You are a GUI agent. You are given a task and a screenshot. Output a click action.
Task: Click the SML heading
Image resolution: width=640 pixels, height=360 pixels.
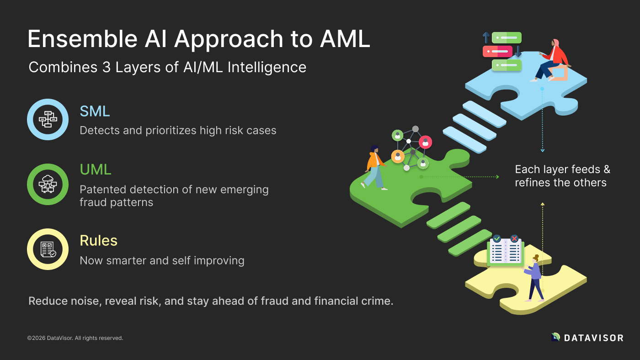pyautogui.click(x=95, y=111)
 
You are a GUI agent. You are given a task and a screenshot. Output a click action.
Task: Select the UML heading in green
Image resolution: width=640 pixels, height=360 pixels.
pyautogui.click(x=95, y=169)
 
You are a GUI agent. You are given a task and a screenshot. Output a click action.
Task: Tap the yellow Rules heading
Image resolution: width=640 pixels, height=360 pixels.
pyautogui.click(x=98, y=240)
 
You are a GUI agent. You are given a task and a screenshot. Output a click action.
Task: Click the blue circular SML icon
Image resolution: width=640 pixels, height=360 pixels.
pyautogui.click(x=48, y=119)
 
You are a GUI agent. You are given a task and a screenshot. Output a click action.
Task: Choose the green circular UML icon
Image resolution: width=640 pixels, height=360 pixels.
pyautogui.click(x=48, y=184)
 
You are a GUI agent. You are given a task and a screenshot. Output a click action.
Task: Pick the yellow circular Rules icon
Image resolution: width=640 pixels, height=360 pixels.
pyautogui.click(x=48, y=249)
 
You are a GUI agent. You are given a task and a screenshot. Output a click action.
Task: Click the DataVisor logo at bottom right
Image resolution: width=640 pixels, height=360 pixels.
pyautogui.click(x=587, y=338)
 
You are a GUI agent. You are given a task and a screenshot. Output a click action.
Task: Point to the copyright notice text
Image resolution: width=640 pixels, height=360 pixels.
pyautogui.click(x=75, y=338)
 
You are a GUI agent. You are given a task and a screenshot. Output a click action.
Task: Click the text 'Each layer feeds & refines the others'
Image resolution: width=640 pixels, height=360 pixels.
pyautogui.click(x=562, y=176)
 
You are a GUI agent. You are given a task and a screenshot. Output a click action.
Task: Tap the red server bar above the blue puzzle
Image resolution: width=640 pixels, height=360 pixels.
pyautogui.click(x=497, y=51)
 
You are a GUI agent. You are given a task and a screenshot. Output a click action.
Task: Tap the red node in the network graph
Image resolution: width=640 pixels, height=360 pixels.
pyautogui.click(x=425, y=142)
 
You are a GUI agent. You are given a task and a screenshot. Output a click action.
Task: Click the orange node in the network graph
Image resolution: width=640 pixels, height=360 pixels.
pyautogui.click(x=398, y=156)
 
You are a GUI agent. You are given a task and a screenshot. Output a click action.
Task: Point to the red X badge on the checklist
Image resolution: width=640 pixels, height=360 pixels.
pyautogui.click(x=514, y=238)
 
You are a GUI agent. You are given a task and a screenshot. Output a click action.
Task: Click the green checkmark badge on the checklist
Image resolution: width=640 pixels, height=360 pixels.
pyautogui.click(x=497, y=238)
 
